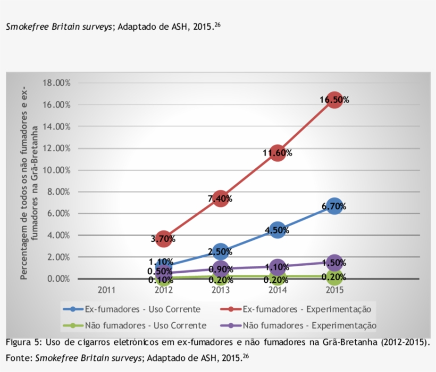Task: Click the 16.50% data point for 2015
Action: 334,99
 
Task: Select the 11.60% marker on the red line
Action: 277,153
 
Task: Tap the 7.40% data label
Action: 220,198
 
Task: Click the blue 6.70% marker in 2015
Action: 334,206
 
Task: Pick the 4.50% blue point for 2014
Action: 277,230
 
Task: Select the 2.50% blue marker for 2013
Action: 220,252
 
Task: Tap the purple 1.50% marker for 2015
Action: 334,263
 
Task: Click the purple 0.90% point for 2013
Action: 220,269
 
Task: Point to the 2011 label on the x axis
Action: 106,290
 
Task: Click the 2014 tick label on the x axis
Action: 277,290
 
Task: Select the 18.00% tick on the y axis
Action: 56,83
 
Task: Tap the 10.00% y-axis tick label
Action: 56,170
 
